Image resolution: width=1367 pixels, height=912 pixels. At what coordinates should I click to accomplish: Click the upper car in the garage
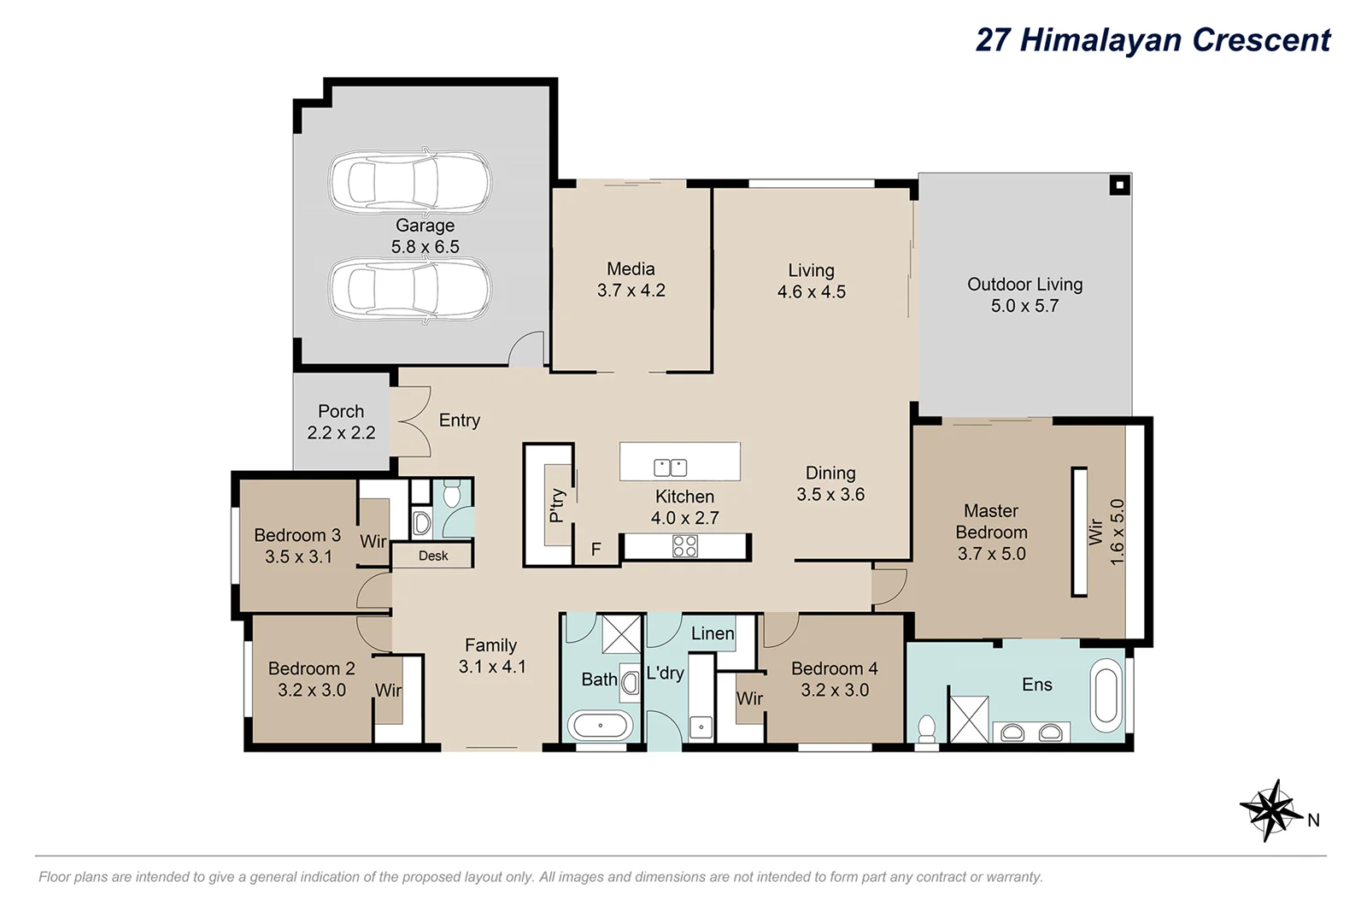pos(410,182)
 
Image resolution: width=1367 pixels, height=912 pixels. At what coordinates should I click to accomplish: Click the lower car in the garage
pos(410,289)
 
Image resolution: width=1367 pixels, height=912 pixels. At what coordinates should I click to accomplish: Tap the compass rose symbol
pos(1270,809)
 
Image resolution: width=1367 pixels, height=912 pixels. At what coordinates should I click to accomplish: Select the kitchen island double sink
pos(670,468)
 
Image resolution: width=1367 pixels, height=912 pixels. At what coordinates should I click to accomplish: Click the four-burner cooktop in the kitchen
pos(684,546)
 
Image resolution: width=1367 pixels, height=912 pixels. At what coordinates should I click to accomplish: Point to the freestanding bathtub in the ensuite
pos(1106,695)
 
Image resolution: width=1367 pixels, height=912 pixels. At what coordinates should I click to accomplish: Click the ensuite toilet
pos(926,730)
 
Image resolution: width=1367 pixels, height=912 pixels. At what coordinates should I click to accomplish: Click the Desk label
pos(433,556)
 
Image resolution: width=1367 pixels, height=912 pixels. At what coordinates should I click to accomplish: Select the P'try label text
pos(557,505)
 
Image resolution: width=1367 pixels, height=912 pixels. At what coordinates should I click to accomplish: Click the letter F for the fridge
pos(596,550)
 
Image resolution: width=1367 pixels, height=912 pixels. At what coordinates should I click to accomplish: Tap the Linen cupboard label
pos(712,633)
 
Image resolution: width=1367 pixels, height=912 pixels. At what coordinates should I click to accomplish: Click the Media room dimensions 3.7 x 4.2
pos(631,291)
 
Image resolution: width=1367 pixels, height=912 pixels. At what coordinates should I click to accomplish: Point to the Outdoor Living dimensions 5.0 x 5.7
pos(1024,306)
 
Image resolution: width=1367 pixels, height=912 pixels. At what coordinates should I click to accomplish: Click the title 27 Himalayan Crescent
pos(1153,40)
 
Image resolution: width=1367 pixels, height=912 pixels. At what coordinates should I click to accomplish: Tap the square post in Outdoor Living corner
pos(1118,185)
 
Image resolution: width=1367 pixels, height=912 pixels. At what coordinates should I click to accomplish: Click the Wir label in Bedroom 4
pos(749,699)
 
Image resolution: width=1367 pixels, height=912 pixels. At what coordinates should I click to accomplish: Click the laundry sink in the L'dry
pos(701,727)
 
